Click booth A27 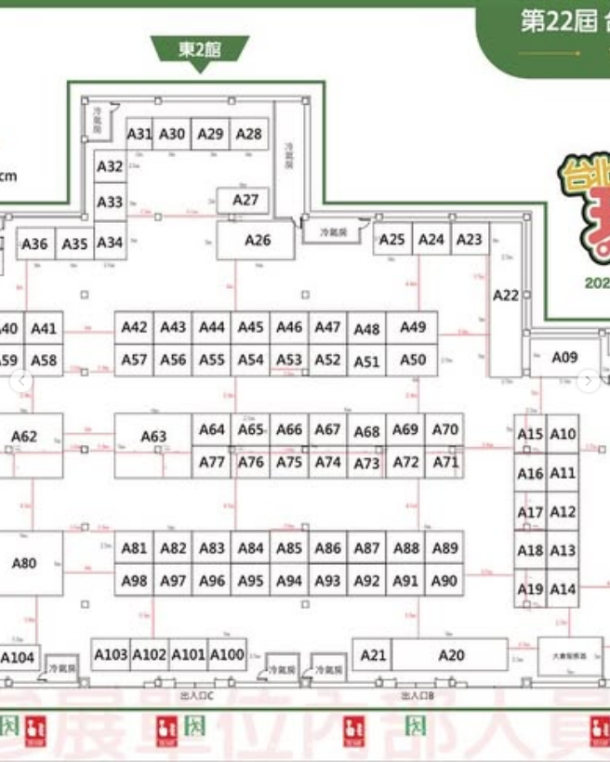[x=245, y=200]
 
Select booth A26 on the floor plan [x=257, y=240]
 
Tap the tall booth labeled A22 [x=506, y=296]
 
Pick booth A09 [x=564, y=357]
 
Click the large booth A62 [x=25, y=437]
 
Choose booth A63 [x=153, y=437]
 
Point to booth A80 [x=25, y=563]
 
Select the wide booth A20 [x=451, y=655]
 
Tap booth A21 [x=373, y=655]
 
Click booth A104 [x=18, y=658]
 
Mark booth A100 [x=227, y=654]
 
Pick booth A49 [x=412, y=327]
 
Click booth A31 [x=139, y=134]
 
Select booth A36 [x=34, y=243]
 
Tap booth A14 [x=563, y=589]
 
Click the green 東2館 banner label [x=200, y=50]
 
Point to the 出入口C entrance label [x=197, y=695]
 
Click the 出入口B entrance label [x=418, y=695]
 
